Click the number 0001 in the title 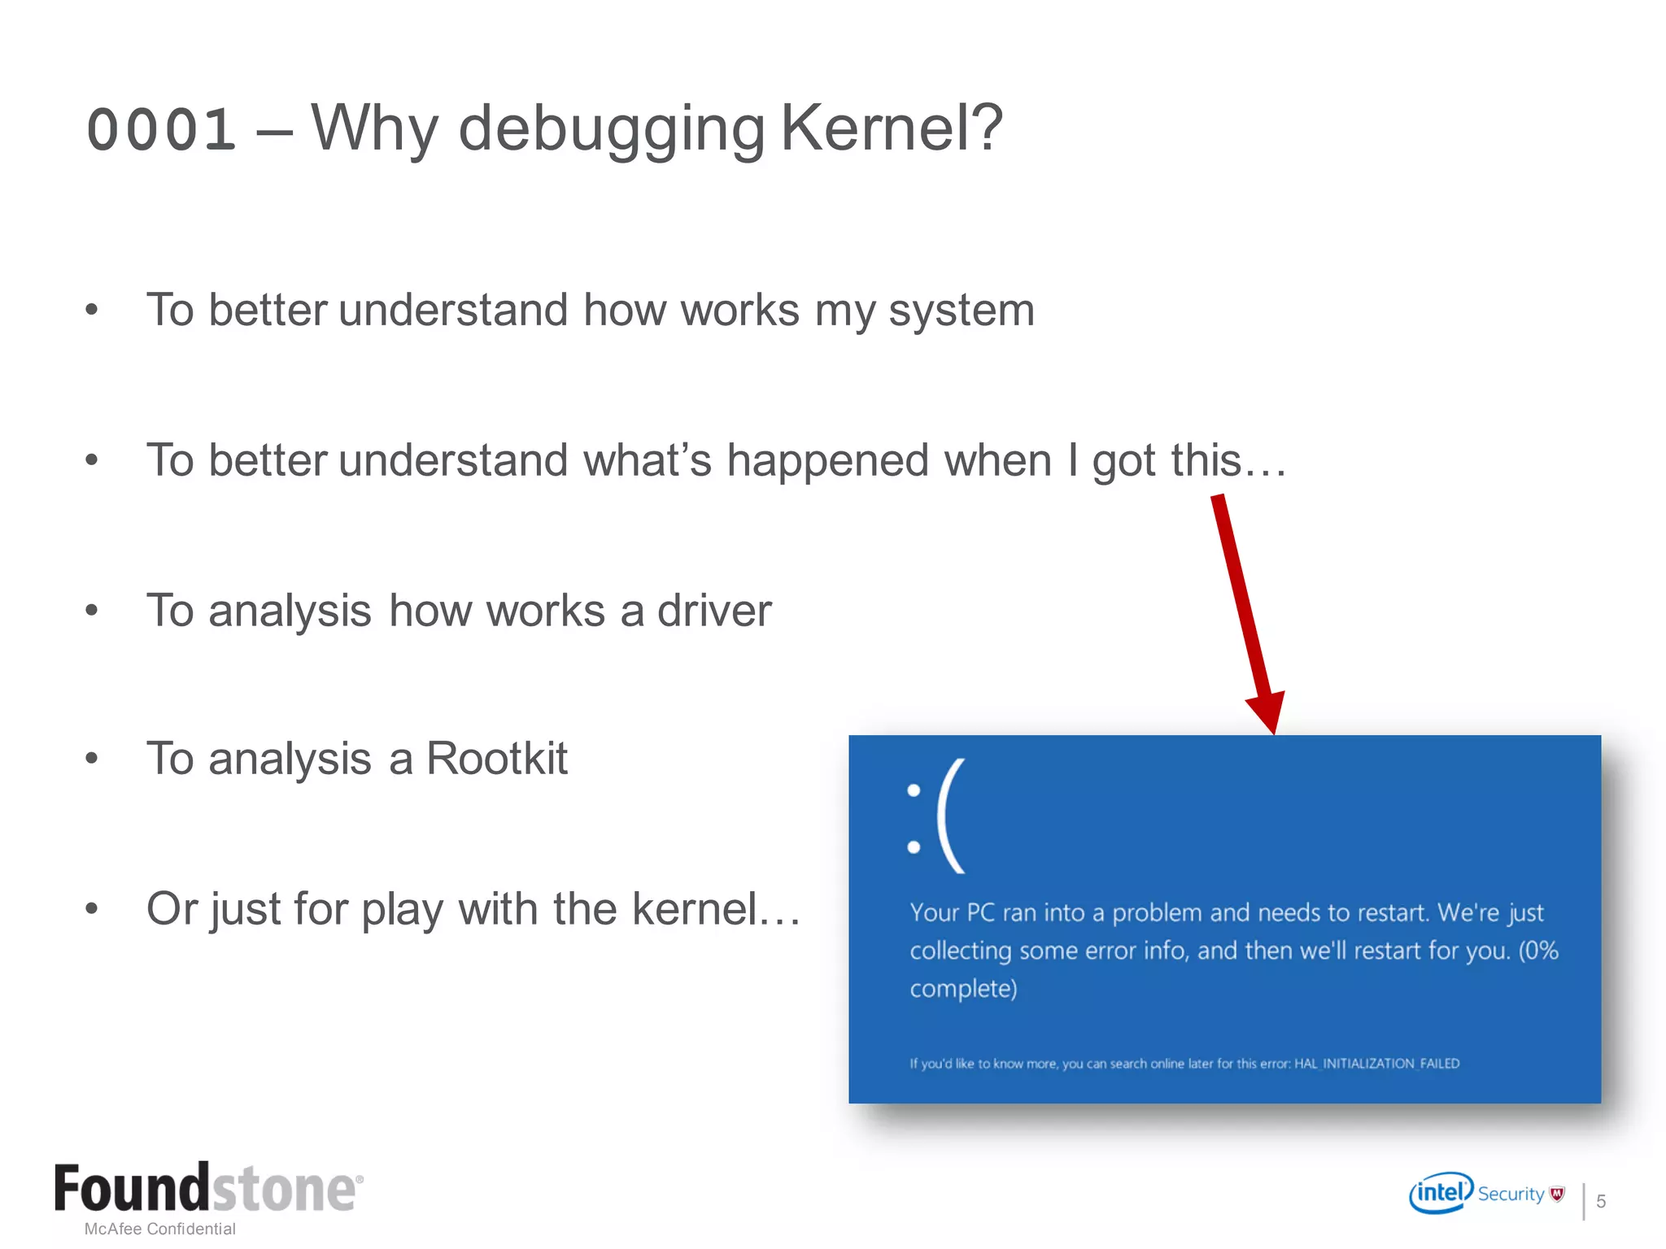coord(161,130)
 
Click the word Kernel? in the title coord(892,128)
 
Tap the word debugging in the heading coord(612,130)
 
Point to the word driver coord(714,611)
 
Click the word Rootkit coord(496,759)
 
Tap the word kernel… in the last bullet coord(716,908)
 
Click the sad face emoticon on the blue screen coord(935,816)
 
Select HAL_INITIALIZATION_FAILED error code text coord(1376,1064)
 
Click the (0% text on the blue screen coord(1538,950)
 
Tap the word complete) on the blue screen coord(963,989)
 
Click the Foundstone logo coord(208,1189)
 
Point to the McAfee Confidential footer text coord(160,1229)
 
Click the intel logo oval coord(1441,1193)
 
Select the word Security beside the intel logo coord(1511,1194)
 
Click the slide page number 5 coord(1601,1201)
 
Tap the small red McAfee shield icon coord(1557,1194)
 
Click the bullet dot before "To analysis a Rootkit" coord(92,759)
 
